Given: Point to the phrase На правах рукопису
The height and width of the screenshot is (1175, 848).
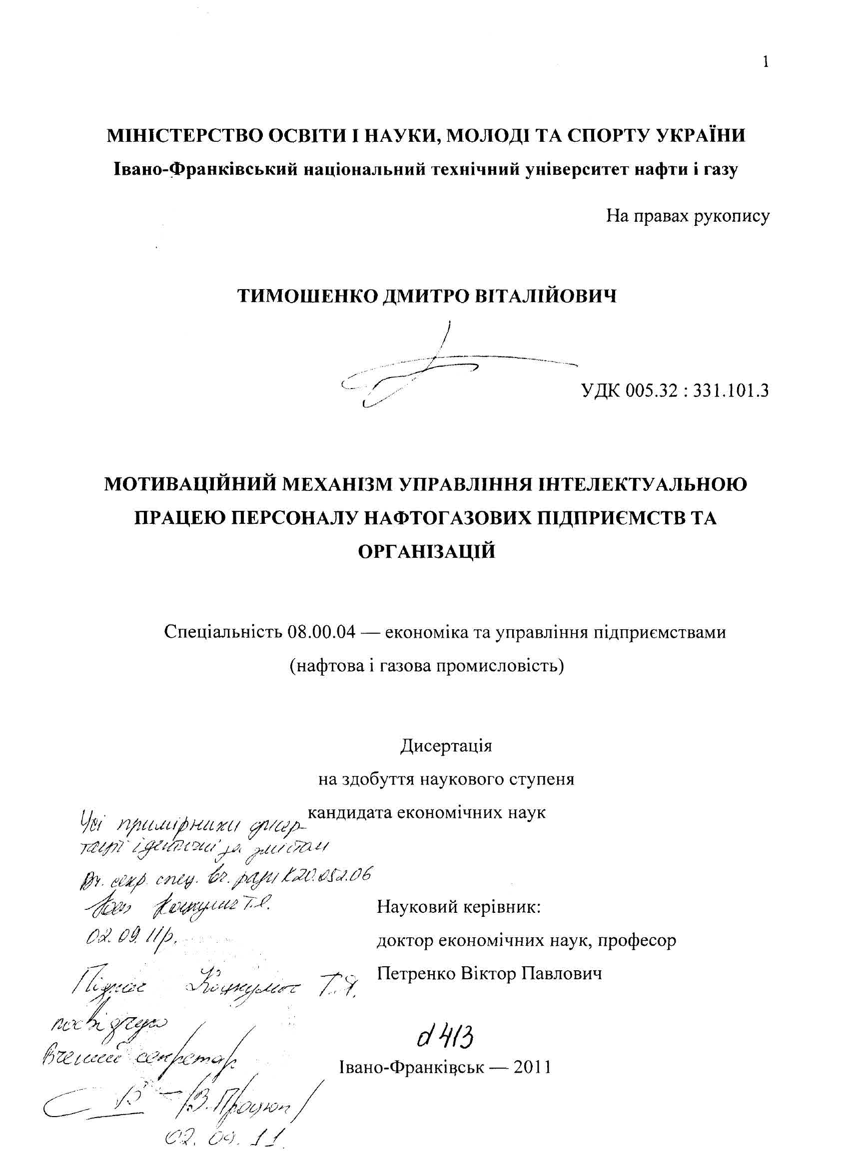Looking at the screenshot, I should click(688, 216).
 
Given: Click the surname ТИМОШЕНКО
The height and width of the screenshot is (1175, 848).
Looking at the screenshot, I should click(307, 296).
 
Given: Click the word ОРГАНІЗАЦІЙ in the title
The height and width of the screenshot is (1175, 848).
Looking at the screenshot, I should click(427, 551).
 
